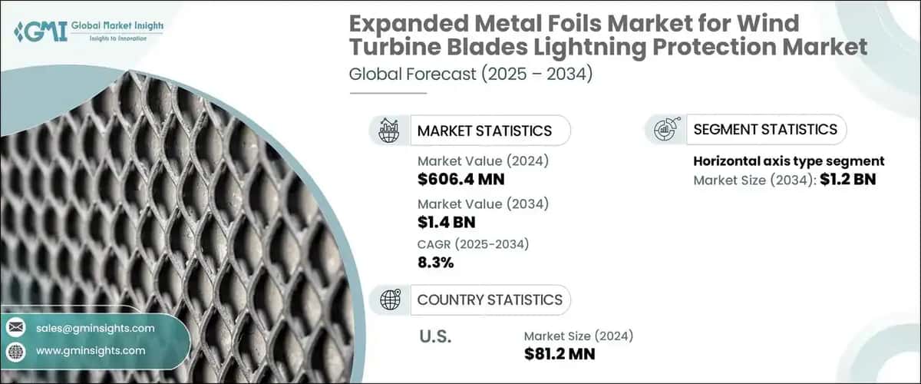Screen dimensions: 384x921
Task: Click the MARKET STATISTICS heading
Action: coord(484,131)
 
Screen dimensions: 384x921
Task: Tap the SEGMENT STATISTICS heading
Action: coord(764,129)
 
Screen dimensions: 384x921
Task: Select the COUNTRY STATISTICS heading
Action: coord(489,300)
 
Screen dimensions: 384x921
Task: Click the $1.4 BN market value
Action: coord(447,223)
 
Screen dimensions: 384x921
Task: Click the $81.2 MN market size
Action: coord(560,354)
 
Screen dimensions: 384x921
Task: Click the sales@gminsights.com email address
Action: coord(95,328)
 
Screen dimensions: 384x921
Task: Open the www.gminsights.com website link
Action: coord(90,350)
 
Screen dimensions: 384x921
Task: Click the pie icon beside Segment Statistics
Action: coord(665,129)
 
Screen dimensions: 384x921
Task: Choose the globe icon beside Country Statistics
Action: coord(390,300)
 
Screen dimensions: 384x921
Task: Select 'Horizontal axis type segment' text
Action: coord(789,161)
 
